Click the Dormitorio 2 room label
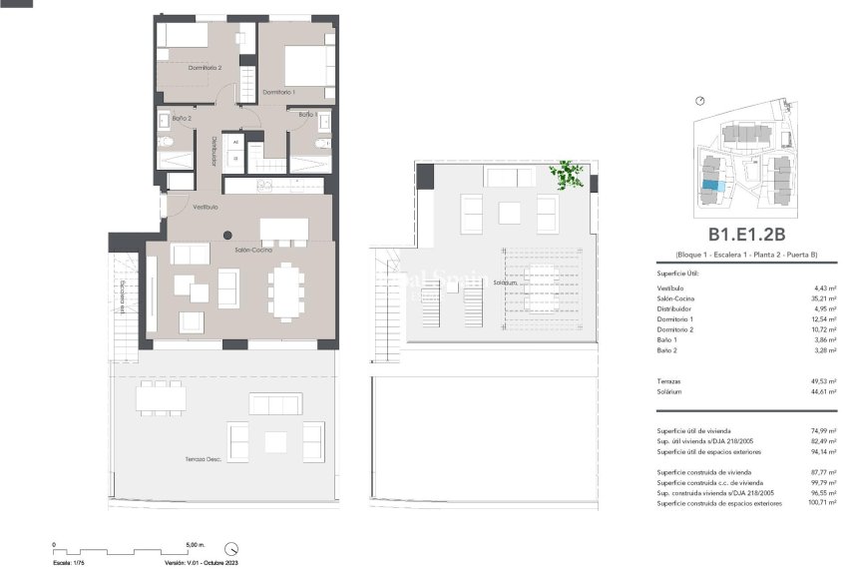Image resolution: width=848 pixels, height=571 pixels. pos(205,67)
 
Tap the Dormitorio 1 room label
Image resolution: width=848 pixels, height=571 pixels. pos(278,92)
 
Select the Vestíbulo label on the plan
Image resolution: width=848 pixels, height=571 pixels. pos(206,207)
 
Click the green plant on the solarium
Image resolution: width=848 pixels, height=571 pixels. pos(570,175)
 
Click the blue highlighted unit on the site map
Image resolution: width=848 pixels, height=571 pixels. pos(710,185)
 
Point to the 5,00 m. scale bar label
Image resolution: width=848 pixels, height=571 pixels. pos(196,545)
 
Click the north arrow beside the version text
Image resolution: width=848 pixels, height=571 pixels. pos(232,548)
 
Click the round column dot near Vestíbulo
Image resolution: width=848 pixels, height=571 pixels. pos(226,237)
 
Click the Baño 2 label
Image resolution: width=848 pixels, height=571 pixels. pos(181,119)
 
